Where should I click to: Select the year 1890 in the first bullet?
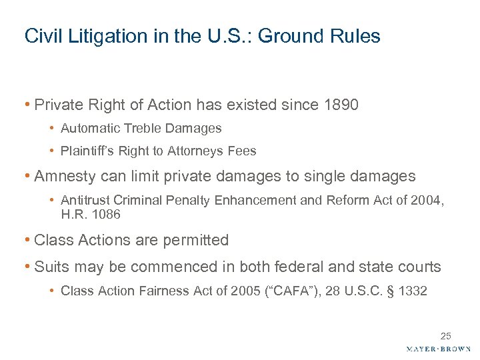pos(340,105)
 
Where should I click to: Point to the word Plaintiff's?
pos(87,151)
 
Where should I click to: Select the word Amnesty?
pos(63,176)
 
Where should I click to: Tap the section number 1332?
pos(413,291)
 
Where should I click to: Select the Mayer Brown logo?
pos(438,349)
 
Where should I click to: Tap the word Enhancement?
pos(263,199)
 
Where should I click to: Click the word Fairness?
pos(157,291)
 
